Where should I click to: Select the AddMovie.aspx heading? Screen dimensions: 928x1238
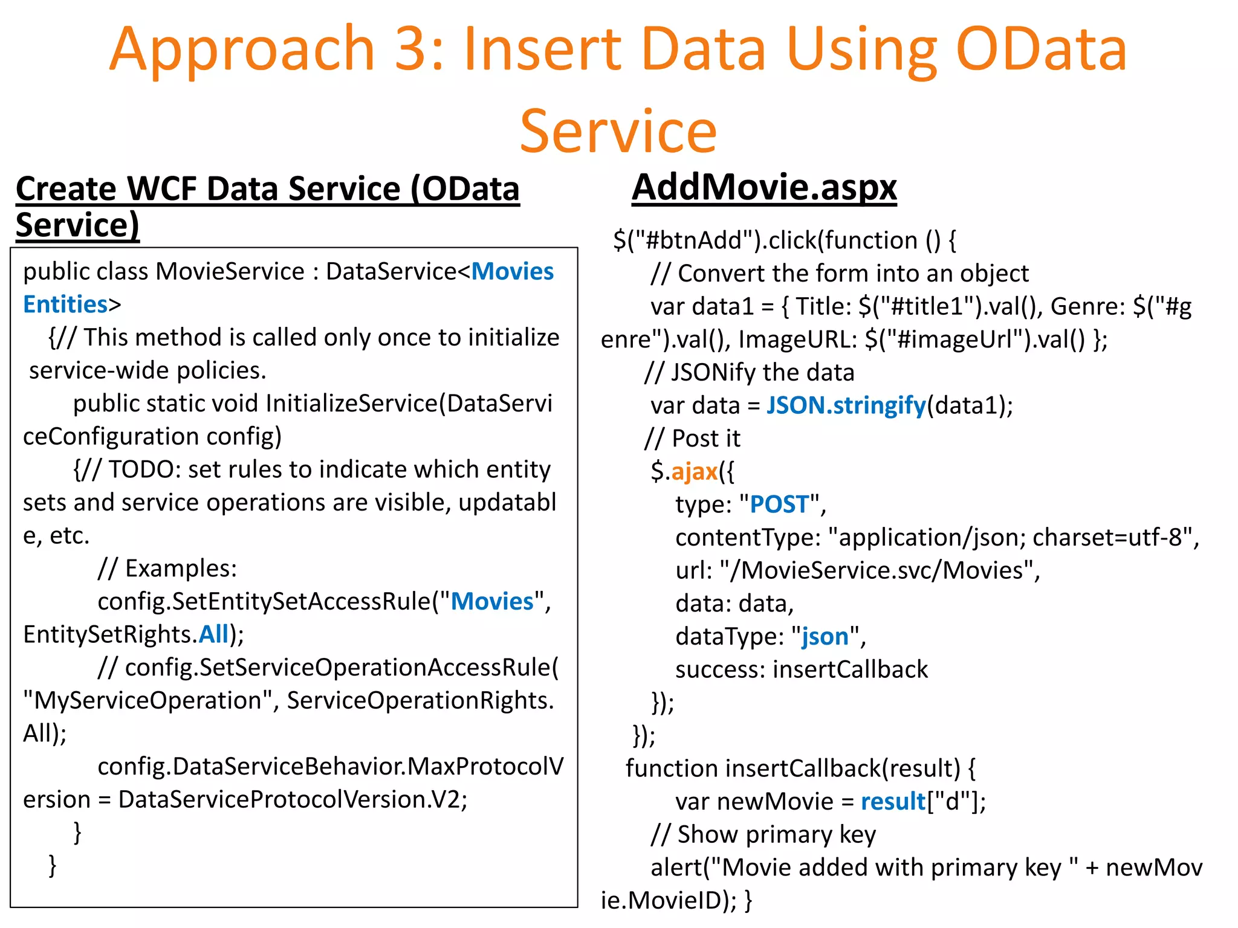point(764,187)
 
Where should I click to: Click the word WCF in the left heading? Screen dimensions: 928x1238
point(161,189)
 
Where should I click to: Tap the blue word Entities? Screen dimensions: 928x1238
point(65,304)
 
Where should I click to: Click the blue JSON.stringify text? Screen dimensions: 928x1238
point(846,405)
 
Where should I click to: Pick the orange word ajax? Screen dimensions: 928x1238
point(694,471)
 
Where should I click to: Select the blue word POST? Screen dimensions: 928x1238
point(779,504)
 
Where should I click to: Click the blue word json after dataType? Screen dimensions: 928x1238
point(825,637)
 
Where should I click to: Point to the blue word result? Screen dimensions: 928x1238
point(893,802)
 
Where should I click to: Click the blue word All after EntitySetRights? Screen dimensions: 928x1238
point(214,634)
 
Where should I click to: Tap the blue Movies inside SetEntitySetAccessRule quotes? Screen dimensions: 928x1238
point(492,602)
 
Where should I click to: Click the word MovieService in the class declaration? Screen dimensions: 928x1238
point(230,272)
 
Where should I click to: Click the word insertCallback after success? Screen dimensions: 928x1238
point(850,669)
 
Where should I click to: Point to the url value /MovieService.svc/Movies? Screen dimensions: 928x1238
point(880,570)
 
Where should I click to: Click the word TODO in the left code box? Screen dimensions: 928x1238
point(141,469)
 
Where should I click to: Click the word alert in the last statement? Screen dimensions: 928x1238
point(676,868)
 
